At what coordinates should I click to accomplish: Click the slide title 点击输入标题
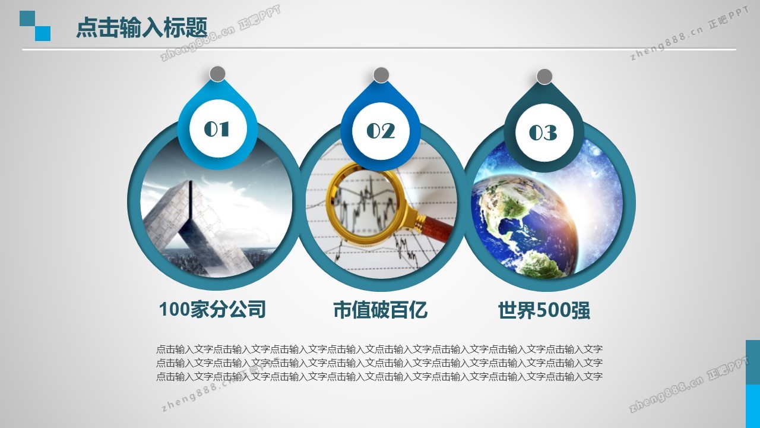coord(141,27)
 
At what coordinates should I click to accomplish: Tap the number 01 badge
coord(218,129)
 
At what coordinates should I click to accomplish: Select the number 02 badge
coord(381,131)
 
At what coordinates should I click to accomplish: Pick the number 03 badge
coord(544,133)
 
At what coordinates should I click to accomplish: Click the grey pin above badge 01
coord(217,74)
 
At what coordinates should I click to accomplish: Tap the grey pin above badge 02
coord(381,75)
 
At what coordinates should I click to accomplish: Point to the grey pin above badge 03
coord(544,77)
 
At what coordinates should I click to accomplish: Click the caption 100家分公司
coord(213,309)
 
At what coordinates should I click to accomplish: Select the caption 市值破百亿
coord(381,310)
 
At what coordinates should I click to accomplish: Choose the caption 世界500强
coord(544,310)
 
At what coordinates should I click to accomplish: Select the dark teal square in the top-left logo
coord(27,18)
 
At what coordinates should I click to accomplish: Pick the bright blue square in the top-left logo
coord(43,33)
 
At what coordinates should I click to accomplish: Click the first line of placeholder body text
coord(379,349)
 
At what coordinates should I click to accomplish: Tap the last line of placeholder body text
coord(379,376)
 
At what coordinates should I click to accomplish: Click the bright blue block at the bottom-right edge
coord(753,406)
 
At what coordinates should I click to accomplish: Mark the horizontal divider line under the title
coord(379,49)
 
